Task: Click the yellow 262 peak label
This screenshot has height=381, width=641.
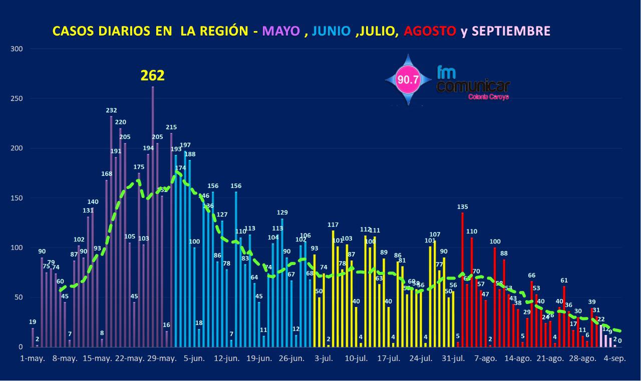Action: pos(152,75)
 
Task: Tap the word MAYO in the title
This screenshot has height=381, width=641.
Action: pos(281,31)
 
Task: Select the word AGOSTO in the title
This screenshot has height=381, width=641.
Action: pos(430,31)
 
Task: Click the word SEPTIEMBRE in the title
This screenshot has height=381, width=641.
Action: pos(511,31)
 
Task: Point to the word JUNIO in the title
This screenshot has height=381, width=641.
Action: pos(331,31)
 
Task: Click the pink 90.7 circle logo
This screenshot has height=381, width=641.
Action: pos(408,79)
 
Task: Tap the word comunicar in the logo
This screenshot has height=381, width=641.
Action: pos(473,86)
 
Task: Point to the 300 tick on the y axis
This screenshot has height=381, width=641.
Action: pos(17,49)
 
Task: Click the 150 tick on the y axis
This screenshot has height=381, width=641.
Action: pos(17,198)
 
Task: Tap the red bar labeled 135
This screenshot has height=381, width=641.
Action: pos(462,280)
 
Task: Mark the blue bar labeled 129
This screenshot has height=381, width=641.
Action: pos(282,282)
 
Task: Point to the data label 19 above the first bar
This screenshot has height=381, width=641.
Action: pos(33,321)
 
